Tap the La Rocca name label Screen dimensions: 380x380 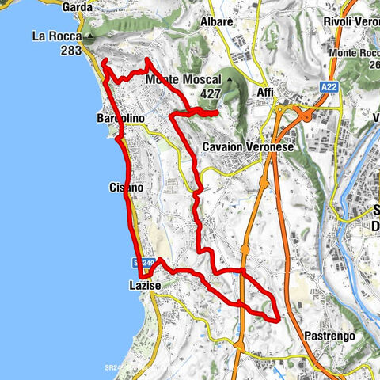click(x=58, y=36)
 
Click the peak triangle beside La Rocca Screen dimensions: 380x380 click(x=92, y=36)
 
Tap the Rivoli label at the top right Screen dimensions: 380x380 click(x=351, y=21)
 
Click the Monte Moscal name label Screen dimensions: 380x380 click(x=183, y=79)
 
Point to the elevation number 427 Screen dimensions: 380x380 click(x=210, y=93)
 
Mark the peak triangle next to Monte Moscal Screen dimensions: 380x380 click(x=230, y=79)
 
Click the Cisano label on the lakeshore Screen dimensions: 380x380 click(x=125, y=188)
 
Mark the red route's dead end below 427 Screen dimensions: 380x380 click(x=216, y=115)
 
